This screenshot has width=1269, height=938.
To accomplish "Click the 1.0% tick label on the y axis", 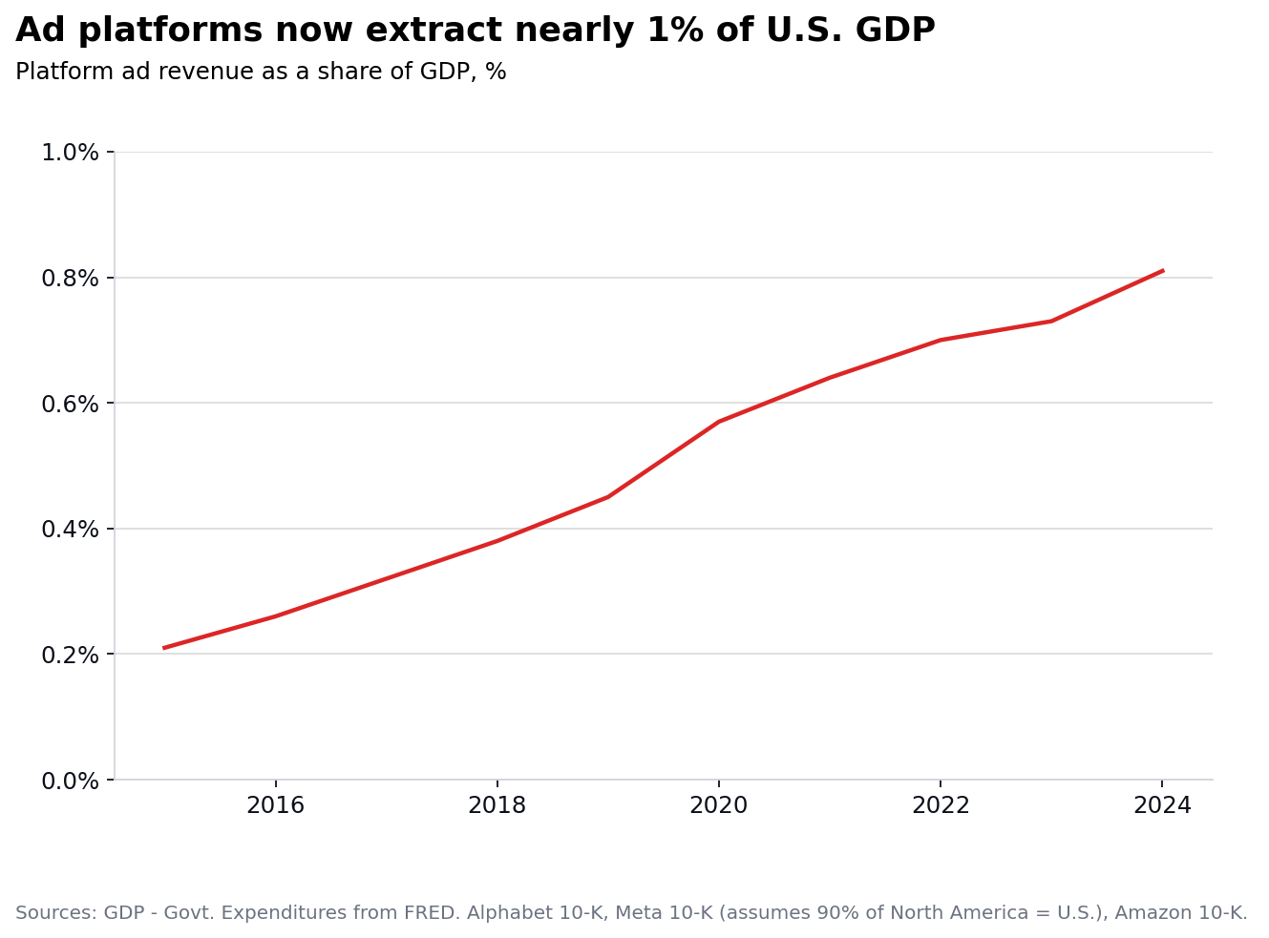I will click(70, 153).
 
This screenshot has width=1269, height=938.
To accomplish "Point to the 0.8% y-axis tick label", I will click(70, 279).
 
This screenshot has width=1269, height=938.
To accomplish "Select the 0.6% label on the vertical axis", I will click(70, 404).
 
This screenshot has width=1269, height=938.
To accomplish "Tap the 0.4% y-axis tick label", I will click(70, 530).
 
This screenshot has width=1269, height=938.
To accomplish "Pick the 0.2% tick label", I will click(70, 655).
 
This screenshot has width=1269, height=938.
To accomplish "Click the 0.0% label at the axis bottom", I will click(70, 781).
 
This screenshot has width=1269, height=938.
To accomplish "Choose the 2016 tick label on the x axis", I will click(275, 806).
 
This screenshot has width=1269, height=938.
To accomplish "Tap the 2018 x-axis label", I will click(497, 806).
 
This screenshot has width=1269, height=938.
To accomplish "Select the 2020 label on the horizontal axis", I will click(718, 806).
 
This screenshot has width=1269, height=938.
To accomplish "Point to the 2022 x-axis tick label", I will click(941, 806).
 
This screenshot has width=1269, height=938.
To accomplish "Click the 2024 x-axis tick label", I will click(1162, 806).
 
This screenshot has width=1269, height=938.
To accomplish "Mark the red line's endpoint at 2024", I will click(1162, 271).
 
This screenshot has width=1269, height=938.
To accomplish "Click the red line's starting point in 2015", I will click(164, 648).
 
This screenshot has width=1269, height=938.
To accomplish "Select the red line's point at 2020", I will click(718, 422).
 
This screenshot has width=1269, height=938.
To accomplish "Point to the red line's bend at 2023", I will click(1051, 321).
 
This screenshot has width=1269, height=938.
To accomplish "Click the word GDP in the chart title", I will click(895, 31).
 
